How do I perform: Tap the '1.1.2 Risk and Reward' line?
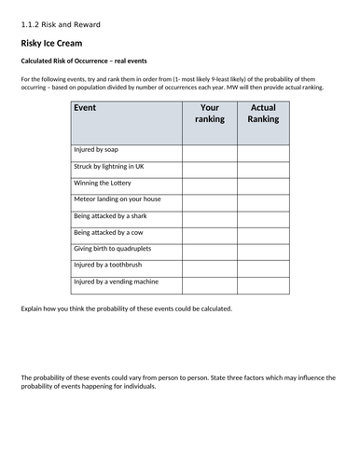(60, 21)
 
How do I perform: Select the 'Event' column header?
(84, 108)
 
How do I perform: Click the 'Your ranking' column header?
(209, 113)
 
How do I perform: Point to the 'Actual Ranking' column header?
(264, 113)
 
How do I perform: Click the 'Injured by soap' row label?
(98, 149)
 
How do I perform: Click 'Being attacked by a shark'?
(112, 215)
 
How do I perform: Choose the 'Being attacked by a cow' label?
(110, 232)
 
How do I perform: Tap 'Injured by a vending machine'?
(117, 281)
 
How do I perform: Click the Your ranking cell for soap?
(209, 149)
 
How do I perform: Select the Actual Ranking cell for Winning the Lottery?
(264, 183)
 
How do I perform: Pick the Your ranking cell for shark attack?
(209, 215)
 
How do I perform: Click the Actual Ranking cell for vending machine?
(264, 281)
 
